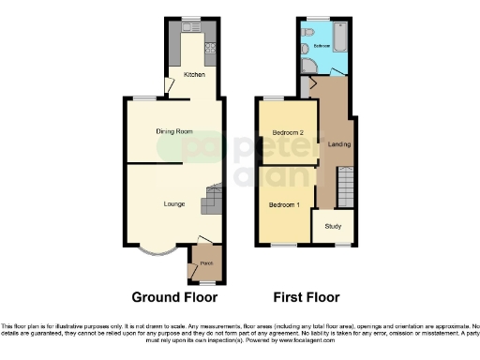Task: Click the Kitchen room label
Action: click(x=194, y=74)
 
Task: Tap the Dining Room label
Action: click(x=174, y=131)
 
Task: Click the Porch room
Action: click(x=205, y=263)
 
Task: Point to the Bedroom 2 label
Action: click(x=287, y=133)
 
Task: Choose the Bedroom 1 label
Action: click(x=284, y=203)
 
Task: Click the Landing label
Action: click(x=338, y=143)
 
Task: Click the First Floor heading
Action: click(x=306, y=298)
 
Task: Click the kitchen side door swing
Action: click(x=169, y=86)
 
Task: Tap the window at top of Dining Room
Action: click(x=143, y=98)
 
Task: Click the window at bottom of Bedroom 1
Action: click(x=278, y=245)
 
